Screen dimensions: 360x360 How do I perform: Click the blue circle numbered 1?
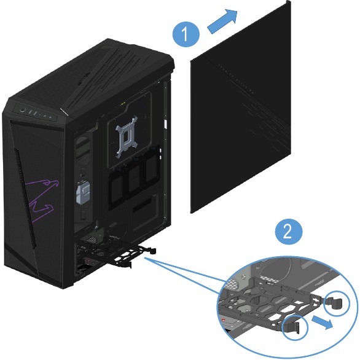186,34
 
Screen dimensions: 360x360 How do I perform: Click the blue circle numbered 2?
289,232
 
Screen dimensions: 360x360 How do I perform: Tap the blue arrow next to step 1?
222,22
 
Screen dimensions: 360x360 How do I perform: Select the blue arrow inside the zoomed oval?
322,323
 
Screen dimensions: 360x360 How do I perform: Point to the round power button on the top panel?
22,110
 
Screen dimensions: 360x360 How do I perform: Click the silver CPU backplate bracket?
127,137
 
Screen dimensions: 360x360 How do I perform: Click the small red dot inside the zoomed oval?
223,319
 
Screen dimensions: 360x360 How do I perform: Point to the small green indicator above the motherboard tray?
123,104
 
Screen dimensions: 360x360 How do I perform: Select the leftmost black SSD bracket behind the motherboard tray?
117,188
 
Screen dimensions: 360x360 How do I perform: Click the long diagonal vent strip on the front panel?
25,197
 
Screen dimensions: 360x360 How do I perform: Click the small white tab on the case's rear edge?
165,123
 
